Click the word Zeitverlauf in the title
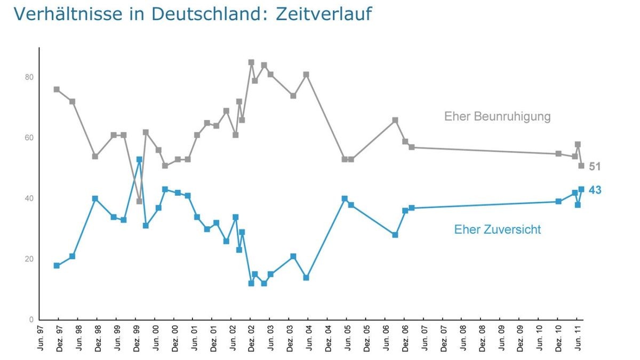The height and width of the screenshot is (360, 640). [x=323, y=14]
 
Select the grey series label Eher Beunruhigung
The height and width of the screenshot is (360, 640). [x=497, y=116]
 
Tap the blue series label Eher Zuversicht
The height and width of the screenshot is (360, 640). [x=497, y=229]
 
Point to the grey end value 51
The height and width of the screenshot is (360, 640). [x=595, y=166]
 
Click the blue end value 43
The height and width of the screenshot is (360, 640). [x=595, y=190]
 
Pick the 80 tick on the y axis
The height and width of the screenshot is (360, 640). [x=29, y=77]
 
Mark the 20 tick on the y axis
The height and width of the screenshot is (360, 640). [x=29, y=259]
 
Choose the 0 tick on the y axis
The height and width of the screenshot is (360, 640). [x=31, y=319]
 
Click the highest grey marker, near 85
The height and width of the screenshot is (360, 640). [x=251, y=62]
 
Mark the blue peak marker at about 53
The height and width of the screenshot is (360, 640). [x=139, y=159]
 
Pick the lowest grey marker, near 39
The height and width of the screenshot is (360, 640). [x=139, y=201]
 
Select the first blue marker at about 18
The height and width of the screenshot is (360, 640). [x=57, y=266]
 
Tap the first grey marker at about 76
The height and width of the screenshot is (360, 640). [x=57, y=90]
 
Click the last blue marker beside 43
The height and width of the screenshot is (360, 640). [x=581, y=189]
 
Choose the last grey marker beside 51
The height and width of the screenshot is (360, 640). [x=581, y=165]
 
